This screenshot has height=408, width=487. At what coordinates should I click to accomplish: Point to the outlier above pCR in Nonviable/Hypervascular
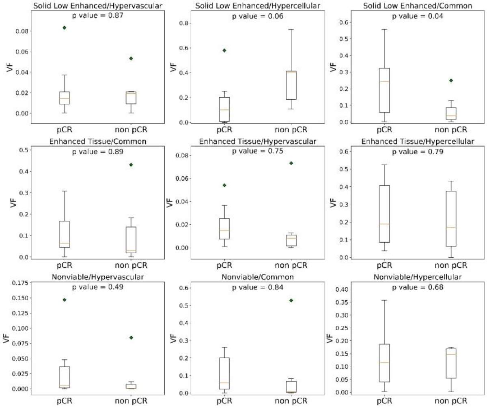coord(65,300)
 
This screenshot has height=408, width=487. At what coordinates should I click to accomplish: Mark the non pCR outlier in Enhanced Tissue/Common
coord(131,164)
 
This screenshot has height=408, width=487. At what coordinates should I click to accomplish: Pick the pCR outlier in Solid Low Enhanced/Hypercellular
coord(224,50)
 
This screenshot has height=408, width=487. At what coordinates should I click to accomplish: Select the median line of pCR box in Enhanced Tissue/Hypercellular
coord(384,224)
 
